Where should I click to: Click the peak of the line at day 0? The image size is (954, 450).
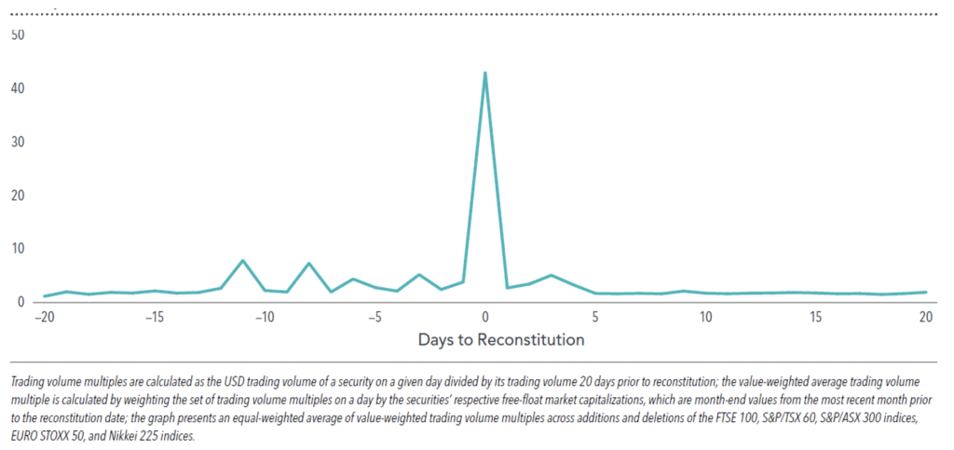(485, 73)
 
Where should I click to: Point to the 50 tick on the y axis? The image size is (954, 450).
(17, 34)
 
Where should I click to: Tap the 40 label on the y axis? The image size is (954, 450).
(17, 89)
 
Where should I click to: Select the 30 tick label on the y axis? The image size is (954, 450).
(17, 142)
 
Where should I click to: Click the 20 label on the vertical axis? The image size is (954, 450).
(17, 196)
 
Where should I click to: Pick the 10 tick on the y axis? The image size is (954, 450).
(17, 249)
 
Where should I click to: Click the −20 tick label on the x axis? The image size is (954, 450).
(43, 317)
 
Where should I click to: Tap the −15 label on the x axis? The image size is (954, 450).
(154, 317)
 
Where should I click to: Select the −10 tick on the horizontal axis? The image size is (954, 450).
(264, 317)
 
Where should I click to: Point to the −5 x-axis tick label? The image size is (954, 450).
(375, 317)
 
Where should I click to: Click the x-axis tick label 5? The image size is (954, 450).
(595, 317)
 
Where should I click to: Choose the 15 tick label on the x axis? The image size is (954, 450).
(816, 317)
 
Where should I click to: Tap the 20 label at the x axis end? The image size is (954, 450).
(926, 317)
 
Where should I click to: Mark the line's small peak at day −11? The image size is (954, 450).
(242, 261)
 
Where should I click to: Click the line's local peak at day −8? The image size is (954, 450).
(308, 264)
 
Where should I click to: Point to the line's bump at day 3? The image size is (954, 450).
(552, 275)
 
